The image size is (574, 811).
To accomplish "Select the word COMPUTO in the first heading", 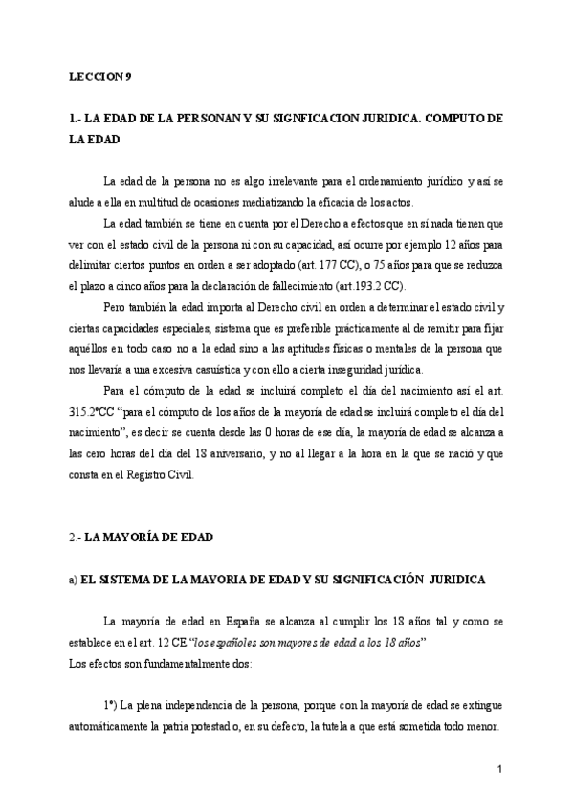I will (438, 118).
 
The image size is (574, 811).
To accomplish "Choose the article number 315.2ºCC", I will (96, 413).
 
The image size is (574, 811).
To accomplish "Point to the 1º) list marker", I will (112, 705).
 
